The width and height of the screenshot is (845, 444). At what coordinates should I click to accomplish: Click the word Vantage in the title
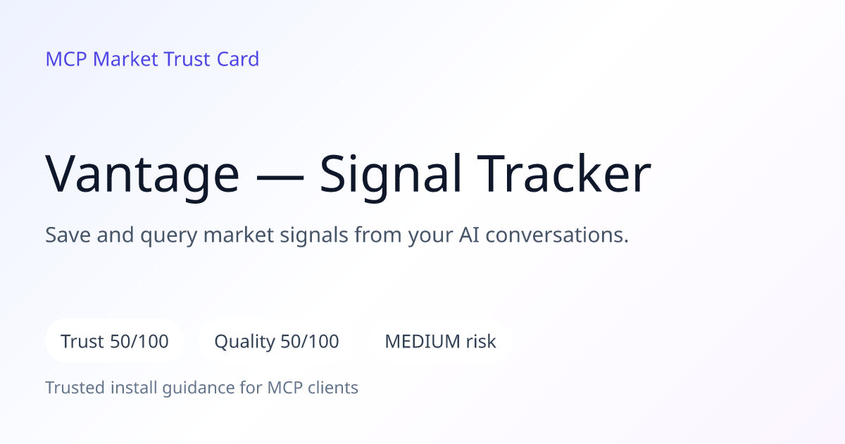(x=142, y=175)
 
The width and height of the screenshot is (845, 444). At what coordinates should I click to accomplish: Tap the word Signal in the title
(x=390, y=175)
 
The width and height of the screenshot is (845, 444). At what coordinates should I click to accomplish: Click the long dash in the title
(x=280, y=178)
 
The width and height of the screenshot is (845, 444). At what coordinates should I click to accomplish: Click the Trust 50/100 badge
(x=115, y=341)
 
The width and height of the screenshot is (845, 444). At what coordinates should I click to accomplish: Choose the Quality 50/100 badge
(x=277, y=341)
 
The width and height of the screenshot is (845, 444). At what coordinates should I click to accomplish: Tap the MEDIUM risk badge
(x=440, y=341)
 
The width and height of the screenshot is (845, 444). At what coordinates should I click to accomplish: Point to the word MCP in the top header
(x=66, y=59)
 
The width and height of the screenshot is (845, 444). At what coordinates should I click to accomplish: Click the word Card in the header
(x=238, y=59)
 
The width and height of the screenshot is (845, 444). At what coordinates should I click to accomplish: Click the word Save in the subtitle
(x=68, y=235)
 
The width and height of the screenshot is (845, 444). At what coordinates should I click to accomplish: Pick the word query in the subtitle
(x=168, y=236)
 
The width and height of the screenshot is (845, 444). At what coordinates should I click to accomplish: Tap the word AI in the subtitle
(x=469, y=235)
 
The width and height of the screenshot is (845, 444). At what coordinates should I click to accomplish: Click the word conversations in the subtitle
(x=557, y=235)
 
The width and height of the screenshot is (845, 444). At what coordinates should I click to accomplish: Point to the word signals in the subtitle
(x=313, y=235)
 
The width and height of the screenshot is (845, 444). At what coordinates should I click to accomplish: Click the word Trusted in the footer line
(x=75, y=388)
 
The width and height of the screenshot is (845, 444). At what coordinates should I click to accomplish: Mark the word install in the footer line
(x=134, y=388)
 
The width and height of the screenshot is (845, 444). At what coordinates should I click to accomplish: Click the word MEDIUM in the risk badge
(x=423, y=341)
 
